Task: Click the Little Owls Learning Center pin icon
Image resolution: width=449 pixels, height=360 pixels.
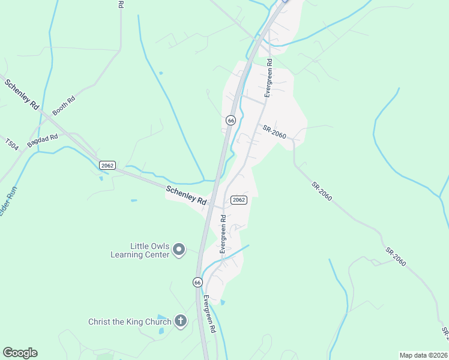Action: [179, 249]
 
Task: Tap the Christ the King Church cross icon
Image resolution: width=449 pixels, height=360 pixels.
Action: [181, 321]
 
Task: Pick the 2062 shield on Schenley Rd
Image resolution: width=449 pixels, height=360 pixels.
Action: [107, 165]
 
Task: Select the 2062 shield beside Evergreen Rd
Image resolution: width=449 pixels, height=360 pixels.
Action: [239, 200]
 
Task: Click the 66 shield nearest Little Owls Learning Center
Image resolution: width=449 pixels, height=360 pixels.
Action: [197, 281]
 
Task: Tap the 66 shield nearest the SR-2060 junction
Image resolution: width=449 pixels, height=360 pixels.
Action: [231, 120]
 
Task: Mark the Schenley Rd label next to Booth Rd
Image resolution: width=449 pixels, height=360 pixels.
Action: [22, 94]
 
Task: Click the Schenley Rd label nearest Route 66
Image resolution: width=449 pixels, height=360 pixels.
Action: [186, 196]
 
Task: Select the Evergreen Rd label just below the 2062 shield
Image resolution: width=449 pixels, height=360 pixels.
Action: [223, 234]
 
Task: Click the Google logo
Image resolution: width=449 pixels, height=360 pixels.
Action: [20, 353]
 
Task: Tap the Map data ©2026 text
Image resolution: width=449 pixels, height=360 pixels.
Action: [423, 355]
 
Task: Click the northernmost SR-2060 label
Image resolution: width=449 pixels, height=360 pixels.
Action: [274, 131]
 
